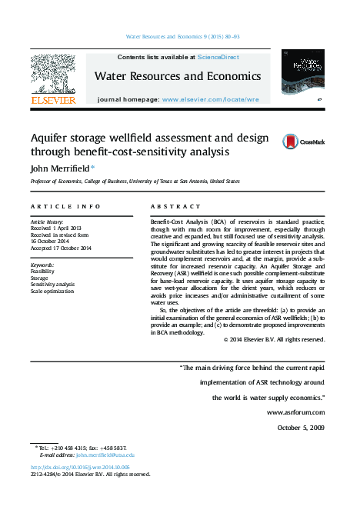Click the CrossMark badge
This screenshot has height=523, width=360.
click(303, 142)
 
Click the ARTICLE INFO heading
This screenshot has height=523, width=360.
click(65, 207)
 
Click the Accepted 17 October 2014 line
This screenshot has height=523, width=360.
click(62, 248)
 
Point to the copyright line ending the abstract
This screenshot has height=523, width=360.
click(274, 339)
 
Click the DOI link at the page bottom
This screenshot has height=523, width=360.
click(80, 467)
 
